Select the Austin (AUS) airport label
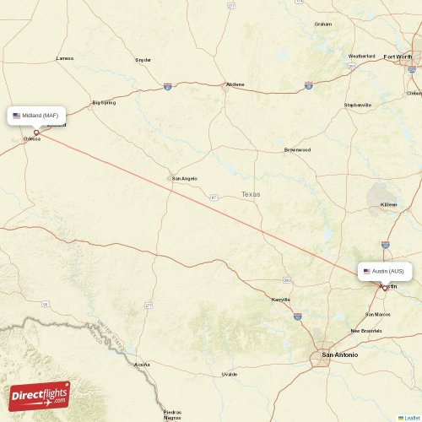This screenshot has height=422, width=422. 388,272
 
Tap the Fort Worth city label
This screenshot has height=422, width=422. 399,57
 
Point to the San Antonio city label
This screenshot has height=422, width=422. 339,355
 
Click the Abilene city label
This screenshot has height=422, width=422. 235,84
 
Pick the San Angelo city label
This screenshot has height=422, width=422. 184,178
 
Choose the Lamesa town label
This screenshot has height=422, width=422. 64,58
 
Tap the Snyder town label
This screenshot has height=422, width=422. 143,60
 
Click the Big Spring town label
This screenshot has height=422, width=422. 104,102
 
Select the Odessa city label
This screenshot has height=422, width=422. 32,138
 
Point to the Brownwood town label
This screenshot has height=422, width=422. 297,149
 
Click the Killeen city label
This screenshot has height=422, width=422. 388,204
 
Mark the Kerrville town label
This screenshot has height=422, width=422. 280,300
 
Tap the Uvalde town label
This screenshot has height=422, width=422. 230,373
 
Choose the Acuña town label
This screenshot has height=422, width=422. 142,364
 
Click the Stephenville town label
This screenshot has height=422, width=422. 357,105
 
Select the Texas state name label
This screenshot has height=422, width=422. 251,194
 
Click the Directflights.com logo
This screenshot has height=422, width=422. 40,395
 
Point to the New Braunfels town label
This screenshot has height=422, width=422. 367,330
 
